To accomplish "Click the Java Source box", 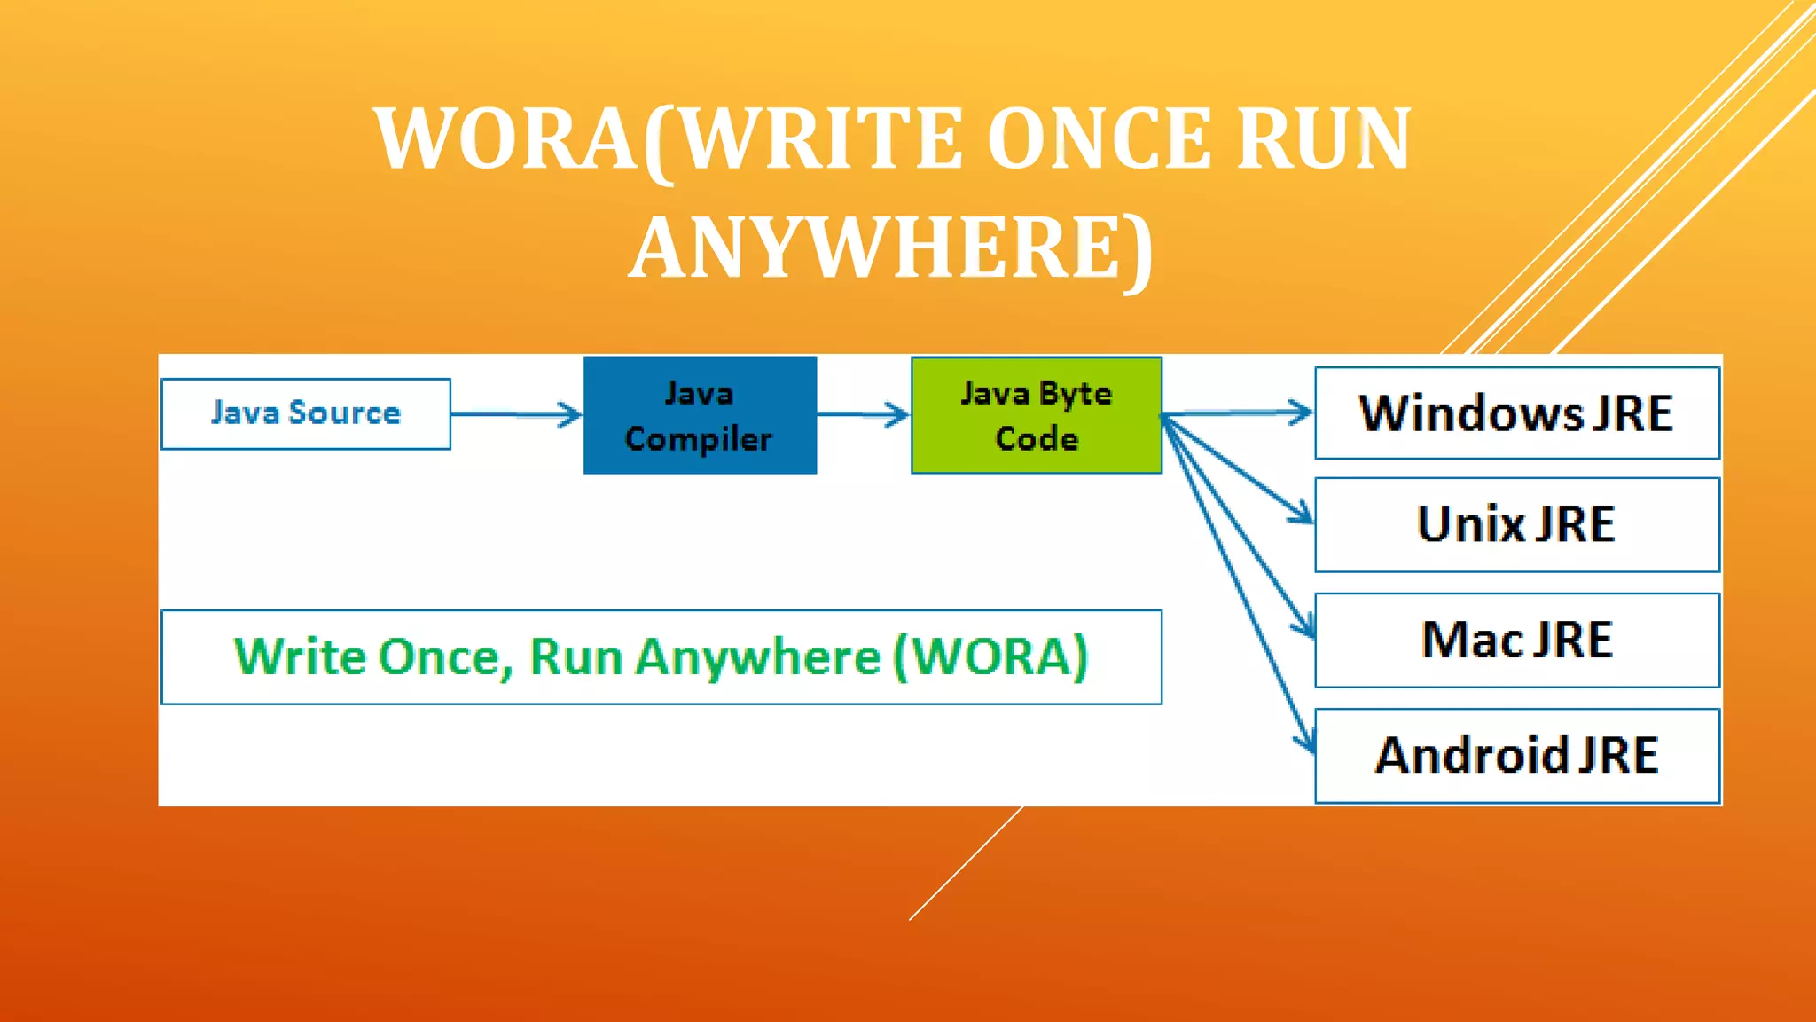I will [x=306, y=413].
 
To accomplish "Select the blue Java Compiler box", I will [x=700, y=415].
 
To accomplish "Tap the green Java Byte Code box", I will [x=1037, y=415].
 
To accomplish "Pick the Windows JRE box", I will [x=1517, y=413].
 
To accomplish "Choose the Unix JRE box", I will [x=1517, y=524].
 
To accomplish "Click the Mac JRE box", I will [x=1517, y=640].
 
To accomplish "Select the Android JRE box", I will [x=1517, y=756].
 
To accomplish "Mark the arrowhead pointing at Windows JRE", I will [x=1300, y=412].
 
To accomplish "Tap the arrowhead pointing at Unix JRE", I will [x=1302, y=513].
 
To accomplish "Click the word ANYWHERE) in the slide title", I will [x=891, y=248].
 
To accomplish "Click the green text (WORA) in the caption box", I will [x=990, y=657].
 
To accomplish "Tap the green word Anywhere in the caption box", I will [x=758, y=657].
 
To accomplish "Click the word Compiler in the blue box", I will [x=699, y=439].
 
